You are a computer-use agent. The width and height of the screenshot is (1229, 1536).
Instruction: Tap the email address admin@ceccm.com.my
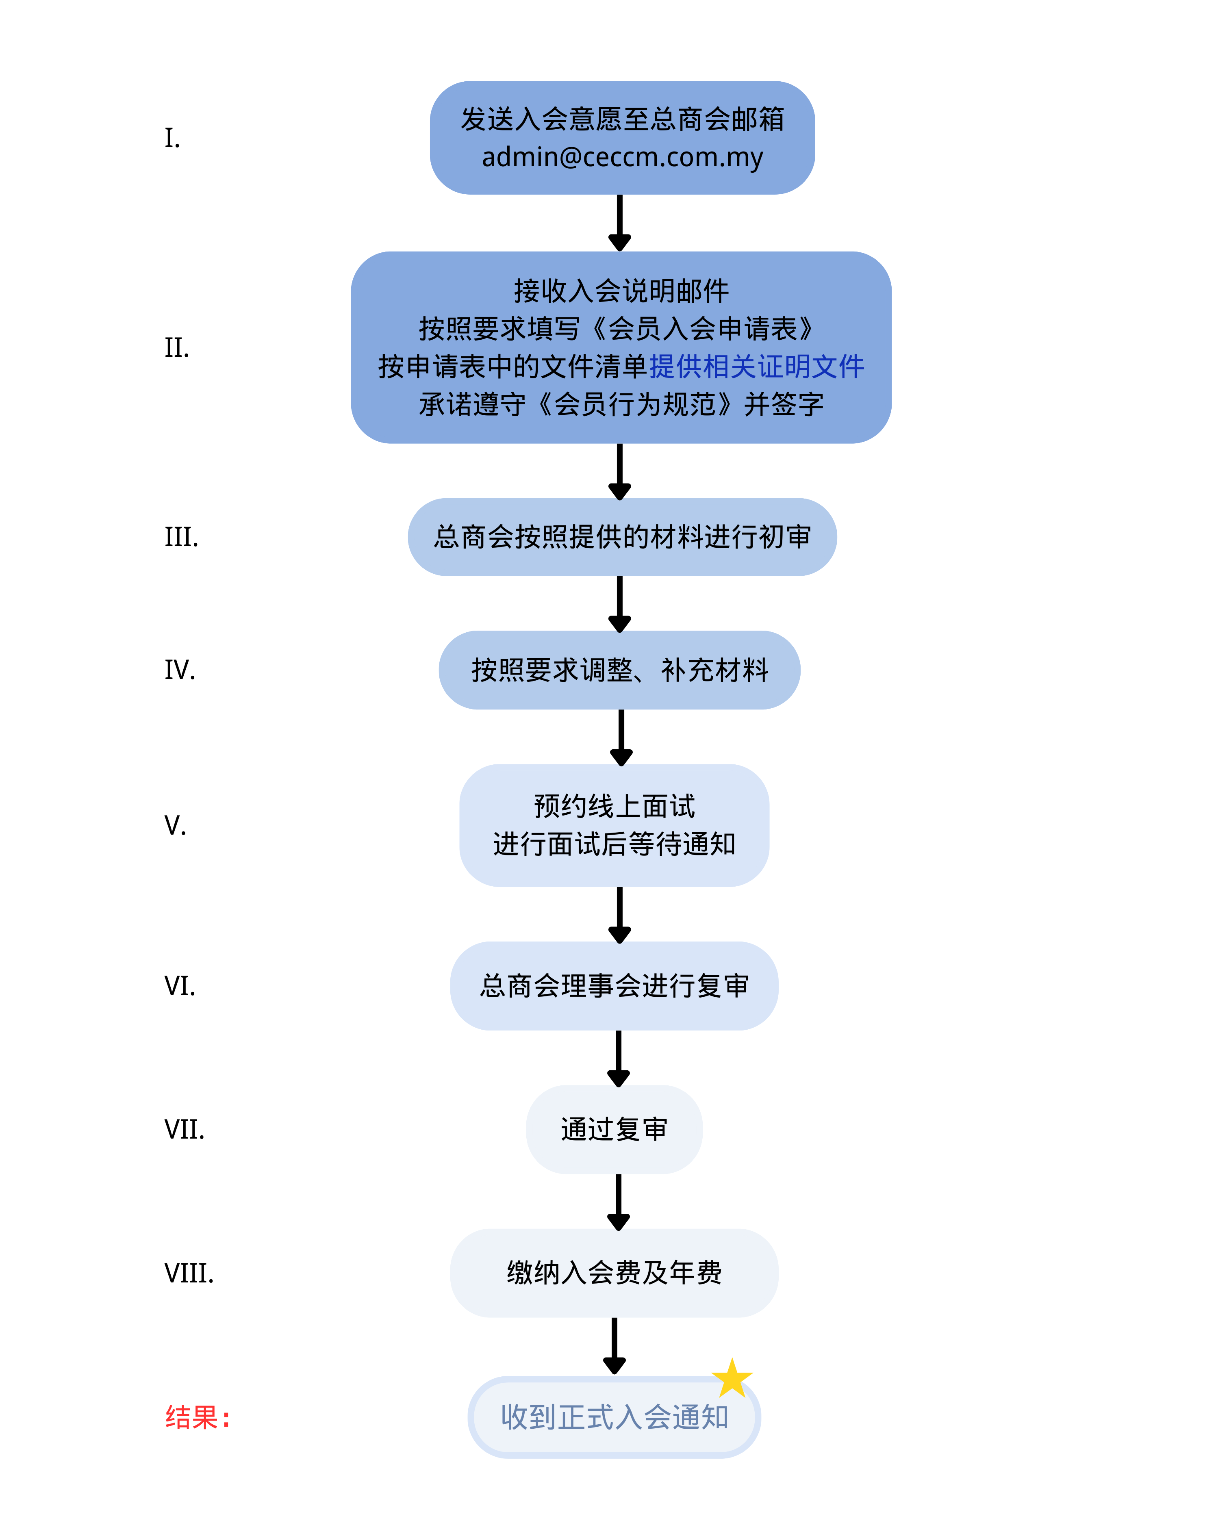pyautogui.click(x=622, y=157)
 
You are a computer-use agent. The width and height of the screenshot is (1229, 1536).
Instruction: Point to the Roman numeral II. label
pyautogui.click(x=177, y=348)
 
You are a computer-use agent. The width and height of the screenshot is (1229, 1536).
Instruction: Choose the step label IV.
pyautogui.click(x=180, y=670)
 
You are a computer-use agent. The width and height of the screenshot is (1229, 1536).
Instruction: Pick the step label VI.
pyautogui.click(x=180, y=986)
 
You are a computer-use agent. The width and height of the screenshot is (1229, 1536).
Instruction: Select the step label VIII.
pyautogui.click(x=189, y=1273)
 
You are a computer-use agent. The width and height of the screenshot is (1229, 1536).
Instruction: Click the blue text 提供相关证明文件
pyautogui.click(x=757, y=367)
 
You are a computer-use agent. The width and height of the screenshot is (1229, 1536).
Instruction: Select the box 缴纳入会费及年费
pyautogui.click(x=614, y=1273)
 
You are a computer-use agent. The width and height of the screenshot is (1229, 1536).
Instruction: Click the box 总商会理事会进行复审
pyautogui.click(x=614, y=986)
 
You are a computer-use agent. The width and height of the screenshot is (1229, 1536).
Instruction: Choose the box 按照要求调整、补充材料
pyautogui.click(x=619, y=670)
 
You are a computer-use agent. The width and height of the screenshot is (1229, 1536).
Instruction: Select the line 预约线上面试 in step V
pyautogui.click(x=614, y=807)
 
